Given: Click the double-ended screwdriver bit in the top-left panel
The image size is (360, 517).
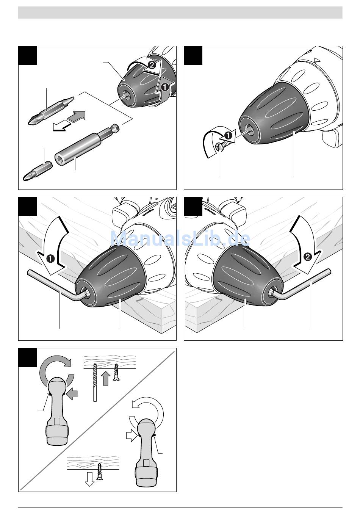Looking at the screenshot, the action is click(x=51, y=111).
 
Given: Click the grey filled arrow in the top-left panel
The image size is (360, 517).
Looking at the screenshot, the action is click(x=77, y=117).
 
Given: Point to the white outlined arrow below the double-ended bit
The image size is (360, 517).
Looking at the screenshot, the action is click(x=61, y=126).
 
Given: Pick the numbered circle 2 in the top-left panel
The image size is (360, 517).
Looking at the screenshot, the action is click(x=152, y=65).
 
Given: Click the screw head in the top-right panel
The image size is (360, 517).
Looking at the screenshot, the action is click(x=219, y=147).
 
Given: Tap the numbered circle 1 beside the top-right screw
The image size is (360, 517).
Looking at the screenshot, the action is click(x=228, y=135).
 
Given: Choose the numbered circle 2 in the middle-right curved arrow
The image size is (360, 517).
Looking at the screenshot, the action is click(x=307, y=257).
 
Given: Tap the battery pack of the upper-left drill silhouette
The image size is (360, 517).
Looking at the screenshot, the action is click(x=58, y=432).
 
